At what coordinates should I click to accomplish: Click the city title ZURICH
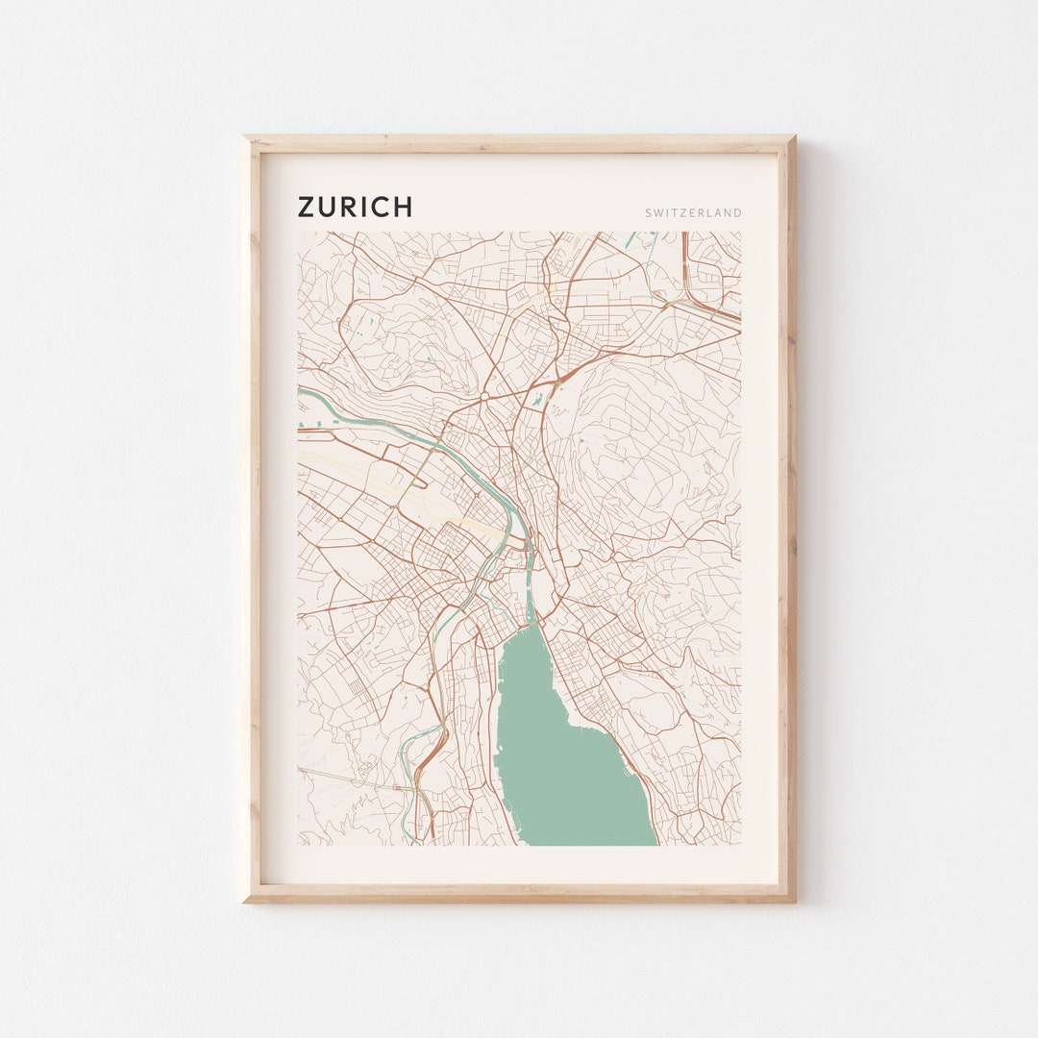(x=355, y=208)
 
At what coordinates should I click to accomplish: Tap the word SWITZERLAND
(x=694, y=213)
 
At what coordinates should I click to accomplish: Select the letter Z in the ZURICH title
(x=308, y=208)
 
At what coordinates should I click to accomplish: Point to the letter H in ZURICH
(x=402, y=208)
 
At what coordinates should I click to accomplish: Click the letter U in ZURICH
(x=330, y=208)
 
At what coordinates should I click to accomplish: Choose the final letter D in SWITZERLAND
(x=738, y=213)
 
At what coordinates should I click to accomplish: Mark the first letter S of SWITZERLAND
(x=650, y=213)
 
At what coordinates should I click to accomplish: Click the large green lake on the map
(x=567, y=759)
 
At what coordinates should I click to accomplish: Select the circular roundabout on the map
(x=484, y=395)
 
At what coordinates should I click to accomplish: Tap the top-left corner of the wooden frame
(x=246, y=138)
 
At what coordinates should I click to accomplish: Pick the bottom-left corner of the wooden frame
(x=246, y=900)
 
